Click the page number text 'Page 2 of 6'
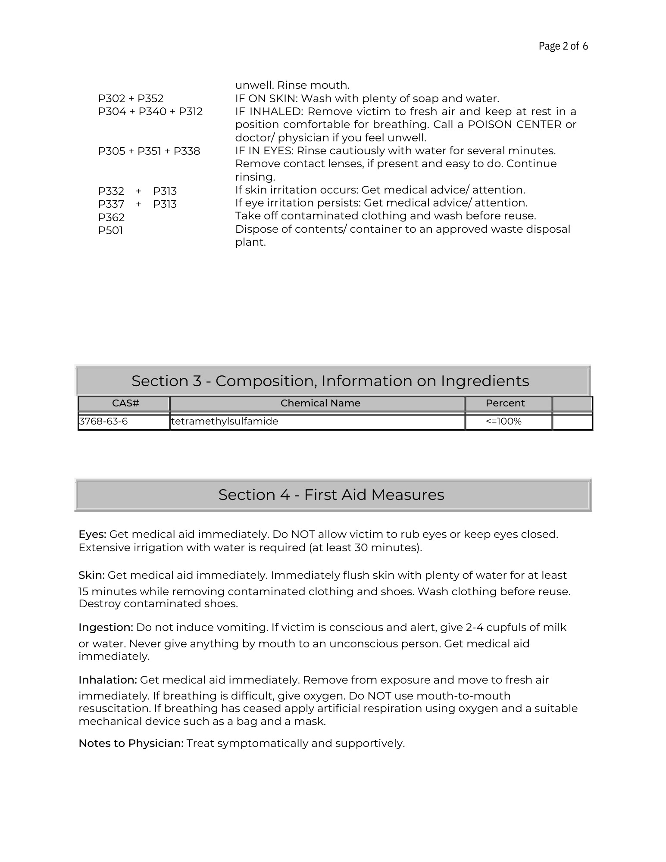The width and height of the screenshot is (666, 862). [x=563, y=46]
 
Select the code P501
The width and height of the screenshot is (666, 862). [x=110, y=231]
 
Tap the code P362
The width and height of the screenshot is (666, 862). [x=111, y=217]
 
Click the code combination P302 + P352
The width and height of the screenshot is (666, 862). [x=131, y=99]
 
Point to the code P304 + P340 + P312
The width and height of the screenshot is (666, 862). [x=150, y=112]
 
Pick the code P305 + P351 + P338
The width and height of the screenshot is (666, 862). [x=149, y=151]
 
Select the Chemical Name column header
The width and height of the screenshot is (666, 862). [x=320, y=403]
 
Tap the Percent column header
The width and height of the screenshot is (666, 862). [x=505, y=403]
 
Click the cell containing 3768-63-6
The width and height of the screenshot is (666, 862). [x=103, y=421]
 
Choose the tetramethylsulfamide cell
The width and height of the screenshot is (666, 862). [x=225, y=421]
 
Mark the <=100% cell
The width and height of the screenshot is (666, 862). [x=503, y=421]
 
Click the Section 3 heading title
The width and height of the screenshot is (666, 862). [x=330, y=381]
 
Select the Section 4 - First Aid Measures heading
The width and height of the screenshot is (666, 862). [x=331, y=495]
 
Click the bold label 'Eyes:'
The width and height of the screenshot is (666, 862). [x=92, y=534]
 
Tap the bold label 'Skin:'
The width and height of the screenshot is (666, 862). [x=91, y=575]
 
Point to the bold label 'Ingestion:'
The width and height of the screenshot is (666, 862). [x=106, y=628]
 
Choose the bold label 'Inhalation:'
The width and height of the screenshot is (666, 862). [x=108, y=680]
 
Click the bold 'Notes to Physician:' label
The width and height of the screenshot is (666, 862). [x=131, y=743]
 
